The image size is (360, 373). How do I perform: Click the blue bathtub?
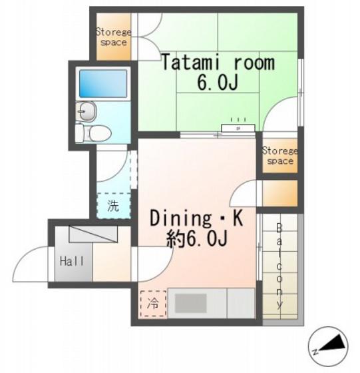point(103,83)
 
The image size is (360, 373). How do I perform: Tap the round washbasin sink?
point(86,111)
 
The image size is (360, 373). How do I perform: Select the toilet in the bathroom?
point(93,133)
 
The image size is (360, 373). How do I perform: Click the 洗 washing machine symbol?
point(113,206)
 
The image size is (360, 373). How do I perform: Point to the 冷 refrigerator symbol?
point(153,304)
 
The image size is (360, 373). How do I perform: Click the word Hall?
point(72,261)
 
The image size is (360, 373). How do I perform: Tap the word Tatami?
point(194,63)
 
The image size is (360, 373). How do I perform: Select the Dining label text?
point(180,219)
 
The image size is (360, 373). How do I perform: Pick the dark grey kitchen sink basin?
point(191,303)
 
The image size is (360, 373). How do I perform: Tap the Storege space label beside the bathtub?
point(114,37)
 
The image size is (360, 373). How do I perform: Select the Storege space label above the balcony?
point(280,156)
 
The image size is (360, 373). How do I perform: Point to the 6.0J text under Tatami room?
point(218,83)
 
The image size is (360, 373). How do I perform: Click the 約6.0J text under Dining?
point(197,239)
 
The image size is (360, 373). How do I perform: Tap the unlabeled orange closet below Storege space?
point(280,194)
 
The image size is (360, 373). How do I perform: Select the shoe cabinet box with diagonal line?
point(93,234)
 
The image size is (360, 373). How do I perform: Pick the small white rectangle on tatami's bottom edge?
point(238,128)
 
